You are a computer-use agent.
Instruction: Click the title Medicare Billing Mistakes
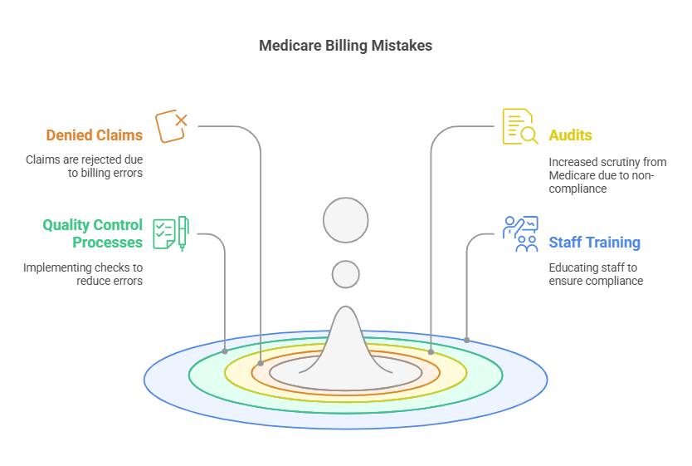[x=345, y=46]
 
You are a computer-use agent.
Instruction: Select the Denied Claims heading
[x=94, y=135]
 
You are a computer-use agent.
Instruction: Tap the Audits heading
[x=570, y=135]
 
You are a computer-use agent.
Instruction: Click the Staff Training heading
[x=594, y=243]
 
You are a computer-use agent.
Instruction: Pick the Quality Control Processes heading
[x=93, y=233]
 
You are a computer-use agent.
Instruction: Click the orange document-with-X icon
[x=171, y=125]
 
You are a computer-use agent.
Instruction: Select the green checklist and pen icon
[x=171, y=233]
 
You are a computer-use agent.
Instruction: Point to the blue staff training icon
[x=520, y=233]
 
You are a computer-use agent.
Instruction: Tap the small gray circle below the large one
[x=345, y=273]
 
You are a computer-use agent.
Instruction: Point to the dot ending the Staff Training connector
[x=466, y=340]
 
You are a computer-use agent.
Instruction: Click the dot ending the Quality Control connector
[x=225, y=351]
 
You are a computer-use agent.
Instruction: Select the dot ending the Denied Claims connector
[x=261, y=363]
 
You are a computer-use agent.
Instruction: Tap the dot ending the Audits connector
[x=431, y=352]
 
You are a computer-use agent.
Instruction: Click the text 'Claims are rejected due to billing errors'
[x=84, y=166]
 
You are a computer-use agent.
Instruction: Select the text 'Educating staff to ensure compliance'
[x=596, y=274]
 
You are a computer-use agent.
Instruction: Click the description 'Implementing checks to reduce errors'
[x=83, y=274]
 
